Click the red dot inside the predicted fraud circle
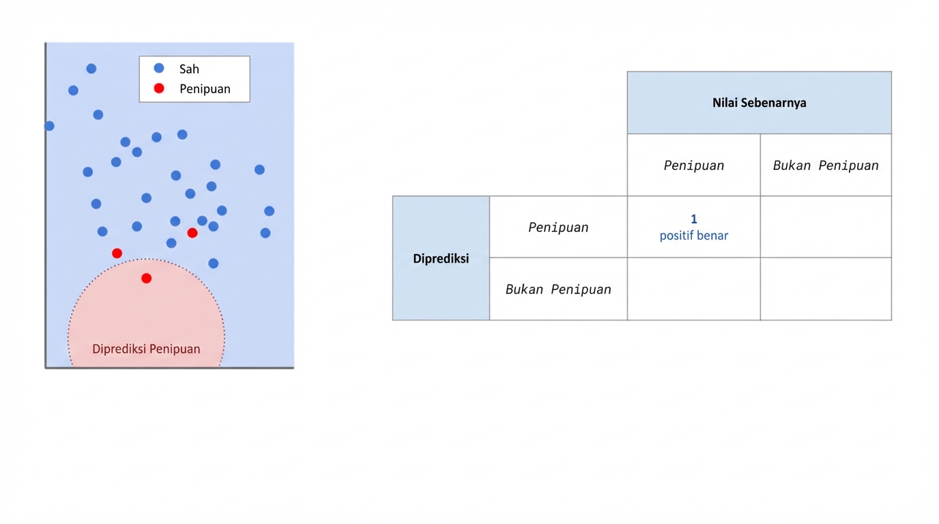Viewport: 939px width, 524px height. coord(146,278)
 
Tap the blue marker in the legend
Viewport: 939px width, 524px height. coord(159,68)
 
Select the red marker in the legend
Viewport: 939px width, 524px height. coord(159,88)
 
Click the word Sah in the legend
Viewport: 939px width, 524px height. coord(189,69)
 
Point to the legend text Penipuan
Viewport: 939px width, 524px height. coord(205,89)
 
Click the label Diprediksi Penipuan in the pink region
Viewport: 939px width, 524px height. coord(146,349)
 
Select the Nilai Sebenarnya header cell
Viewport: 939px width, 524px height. coord(759,103)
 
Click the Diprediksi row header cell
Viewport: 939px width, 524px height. coord(441,259)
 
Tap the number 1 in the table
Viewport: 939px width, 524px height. coord(693,219)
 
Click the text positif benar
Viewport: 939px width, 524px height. coord(693,236)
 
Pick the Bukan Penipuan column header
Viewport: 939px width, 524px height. coord(826,166)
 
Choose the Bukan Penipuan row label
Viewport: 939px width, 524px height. coord(558,289)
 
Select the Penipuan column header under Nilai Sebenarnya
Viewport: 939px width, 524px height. coord(693,166)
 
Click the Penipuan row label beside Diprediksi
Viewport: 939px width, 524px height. coord(558,228)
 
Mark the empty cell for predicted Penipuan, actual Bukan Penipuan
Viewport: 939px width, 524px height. coord(826,227)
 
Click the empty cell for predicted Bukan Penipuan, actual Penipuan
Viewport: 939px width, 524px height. coord(693,289)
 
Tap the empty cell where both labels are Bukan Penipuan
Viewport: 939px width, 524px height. coord(826,289)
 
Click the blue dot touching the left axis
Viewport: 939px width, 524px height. coord(49,126)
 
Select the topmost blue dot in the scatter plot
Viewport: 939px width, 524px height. coord(91,69)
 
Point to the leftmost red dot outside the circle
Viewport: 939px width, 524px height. coord(117,253)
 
